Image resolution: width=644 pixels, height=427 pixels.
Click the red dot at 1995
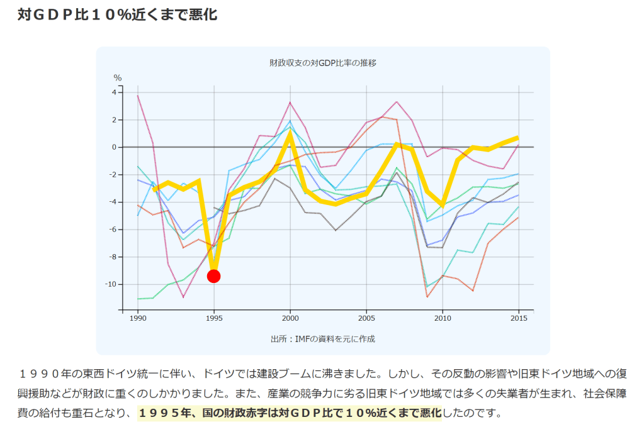[213, 276]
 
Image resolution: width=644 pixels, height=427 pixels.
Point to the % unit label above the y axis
[117, 78]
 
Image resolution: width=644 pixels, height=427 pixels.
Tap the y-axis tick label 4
[114, 92]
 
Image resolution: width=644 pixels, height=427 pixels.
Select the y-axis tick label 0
[114, 147]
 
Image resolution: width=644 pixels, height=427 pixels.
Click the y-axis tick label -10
[110, 284]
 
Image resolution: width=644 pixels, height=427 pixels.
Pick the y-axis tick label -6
[112, 230]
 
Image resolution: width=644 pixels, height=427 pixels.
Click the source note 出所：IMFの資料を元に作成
[322, 339]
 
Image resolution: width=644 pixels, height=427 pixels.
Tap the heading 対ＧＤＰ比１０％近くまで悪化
[117, 14]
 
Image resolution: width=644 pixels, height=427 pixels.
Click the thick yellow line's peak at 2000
[290, 132]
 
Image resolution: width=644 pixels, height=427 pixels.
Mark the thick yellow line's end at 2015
[518, 137]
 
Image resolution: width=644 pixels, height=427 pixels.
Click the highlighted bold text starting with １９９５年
[289, 413]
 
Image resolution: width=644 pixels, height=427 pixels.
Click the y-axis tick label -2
[112, 175]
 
